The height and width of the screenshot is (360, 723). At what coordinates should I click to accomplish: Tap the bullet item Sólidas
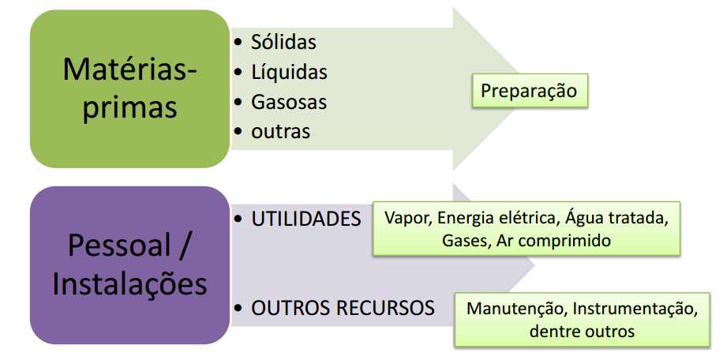283,42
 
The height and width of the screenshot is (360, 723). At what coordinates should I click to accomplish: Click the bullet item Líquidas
289,72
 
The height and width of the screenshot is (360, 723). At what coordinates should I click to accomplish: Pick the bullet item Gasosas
289,102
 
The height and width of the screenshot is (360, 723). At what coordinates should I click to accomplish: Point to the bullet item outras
280,131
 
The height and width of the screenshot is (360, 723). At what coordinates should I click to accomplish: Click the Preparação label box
529,91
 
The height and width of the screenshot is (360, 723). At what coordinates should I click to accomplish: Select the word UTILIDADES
306,219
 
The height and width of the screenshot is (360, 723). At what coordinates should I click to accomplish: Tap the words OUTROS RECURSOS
343,308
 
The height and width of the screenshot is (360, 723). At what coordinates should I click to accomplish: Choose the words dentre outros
582,331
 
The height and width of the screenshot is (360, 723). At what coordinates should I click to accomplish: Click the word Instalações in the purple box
129,283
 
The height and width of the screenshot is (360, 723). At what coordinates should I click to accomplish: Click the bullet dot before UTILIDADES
238,219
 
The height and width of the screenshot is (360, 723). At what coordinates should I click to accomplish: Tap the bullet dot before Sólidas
238,42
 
